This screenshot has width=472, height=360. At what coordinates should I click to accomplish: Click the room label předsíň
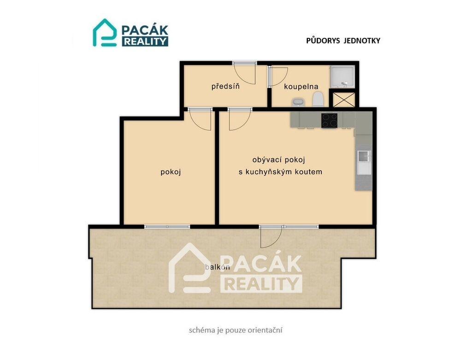(225, 87)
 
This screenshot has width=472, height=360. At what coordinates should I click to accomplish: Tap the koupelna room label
(301, 87)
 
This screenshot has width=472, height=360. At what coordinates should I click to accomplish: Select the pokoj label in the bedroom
(171, 172)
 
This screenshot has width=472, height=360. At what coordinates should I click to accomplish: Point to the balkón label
(218, 267)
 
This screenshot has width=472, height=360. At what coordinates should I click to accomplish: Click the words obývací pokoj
(279, 160)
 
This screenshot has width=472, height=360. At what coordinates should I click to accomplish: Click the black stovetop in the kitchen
(329, 120)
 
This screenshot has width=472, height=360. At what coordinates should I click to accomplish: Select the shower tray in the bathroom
(342, 77)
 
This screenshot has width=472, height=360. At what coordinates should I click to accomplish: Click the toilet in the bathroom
(318, 99)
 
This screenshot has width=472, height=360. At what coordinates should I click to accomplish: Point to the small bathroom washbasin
(298, 102)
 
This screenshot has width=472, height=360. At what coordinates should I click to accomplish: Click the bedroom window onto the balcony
(167, 227)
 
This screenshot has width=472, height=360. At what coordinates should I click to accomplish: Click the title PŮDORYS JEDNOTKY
(343, 41)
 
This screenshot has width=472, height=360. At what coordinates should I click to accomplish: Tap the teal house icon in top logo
(105, 33)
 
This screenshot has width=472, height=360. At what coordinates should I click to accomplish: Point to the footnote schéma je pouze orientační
(236, 330)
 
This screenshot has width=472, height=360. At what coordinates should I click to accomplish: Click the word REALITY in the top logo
(145, 41)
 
